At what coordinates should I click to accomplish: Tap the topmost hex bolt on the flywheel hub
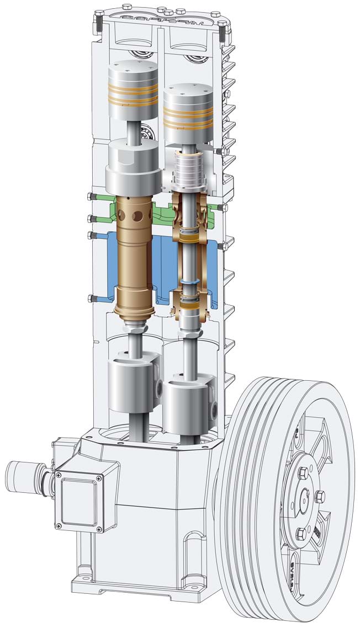click(303, 473)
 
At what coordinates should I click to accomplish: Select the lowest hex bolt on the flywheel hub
click(301, 534)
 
